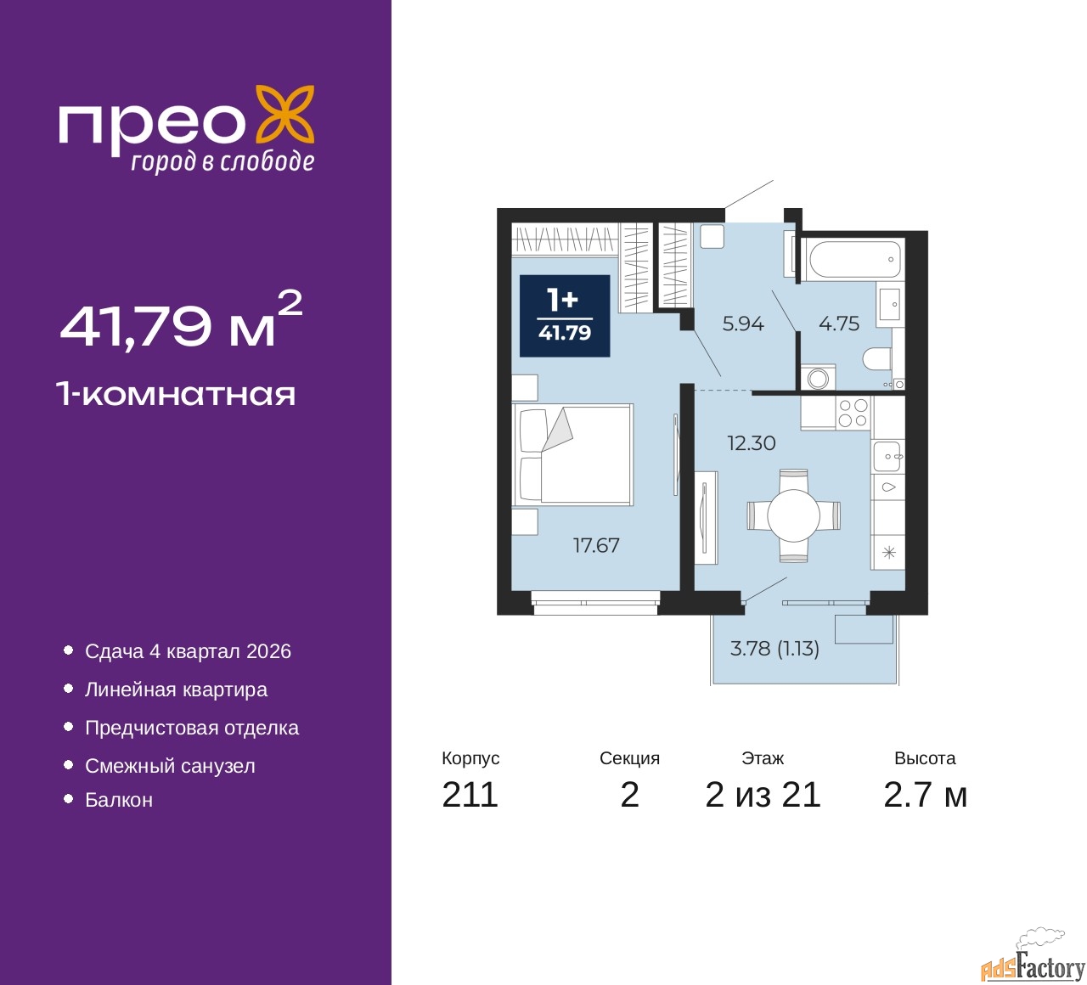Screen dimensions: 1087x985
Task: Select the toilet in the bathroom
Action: pos(876,358)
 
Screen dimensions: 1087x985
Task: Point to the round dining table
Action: pos(793,515)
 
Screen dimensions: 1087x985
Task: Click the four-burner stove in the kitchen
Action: pos(853,413)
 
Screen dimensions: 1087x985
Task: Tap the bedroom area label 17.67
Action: pos(596,545)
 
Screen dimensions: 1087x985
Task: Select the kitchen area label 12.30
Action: pos(751,443)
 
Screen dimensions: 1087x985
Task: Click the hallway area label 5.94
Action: pos(743,324)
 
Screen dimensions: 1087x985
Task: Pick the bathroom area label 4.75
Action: pos(839,324)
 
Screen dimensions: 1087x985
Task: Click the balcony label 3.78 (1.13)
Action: pos(774,648)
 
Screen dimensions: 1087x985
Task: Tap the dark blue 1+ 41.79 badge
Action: pos(564,315)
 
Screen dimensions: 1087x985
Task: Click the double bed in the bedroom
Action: pos(572,454)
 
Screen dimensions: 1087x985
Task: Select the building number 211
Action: pos(470,795)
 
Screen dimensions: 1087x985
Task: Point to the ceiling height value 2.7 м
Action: pos(925,795)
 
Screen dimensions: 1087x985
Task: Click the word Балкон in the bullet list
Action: pos(119,800)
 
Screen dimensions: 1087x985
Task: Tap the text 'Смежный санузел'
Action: pos(170,766)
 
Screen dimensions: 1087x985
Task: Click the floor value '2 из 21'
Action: pos(763,795)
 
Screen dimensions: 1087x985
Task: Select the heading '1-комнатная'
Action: pos(176,394)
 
